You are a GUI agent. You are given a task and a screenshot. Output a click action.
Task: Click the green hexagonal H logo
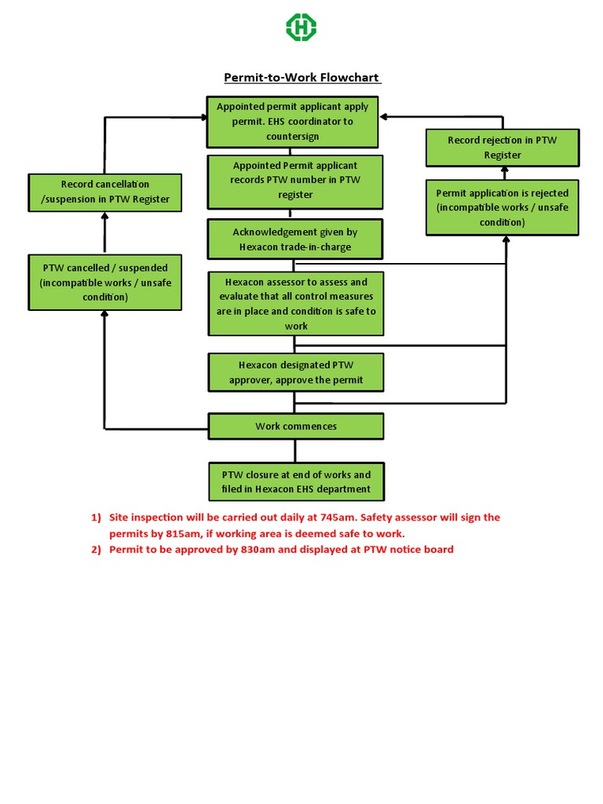[x=301, y=28]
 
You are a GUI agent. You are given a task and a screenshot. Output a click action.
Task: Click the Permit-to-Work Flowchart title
[x=302, y=78]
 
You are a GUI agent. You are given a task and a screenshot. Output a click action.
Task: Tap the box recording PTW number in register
[x=294, y=180]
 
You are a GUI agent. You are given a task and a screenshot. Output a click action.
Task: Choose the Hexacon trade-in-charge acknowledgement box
[x=294, y=239]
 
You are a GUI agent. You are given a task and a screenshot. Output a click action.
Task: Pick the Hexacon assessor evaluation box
[x=295, y=303]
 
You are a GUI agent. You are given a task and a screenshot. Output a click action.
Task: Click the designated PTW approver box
[x=295, y=373]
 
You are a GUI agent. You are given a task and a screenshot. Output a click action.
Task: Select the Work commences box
[x=295, y=426]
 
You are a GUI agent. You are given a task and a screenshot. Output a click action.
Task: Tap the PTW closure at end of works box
[x=295, y=482]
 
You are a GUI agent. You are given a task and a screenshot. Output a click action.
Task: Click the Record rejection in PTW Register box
[x=502, y=148]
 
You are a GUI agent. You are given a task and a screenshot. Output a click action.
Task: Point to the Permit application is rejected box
[x=502, y=207]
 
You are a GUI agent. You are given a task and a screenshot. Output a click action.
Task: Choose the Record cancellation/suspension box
[x=104, y=192]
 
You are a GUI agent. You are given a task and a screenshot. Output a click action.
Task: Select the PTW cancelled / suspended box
[x=104, y=283]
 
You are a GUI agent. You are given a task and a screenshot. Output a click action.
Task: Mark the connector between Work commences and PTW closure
[x=295, y=451]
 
